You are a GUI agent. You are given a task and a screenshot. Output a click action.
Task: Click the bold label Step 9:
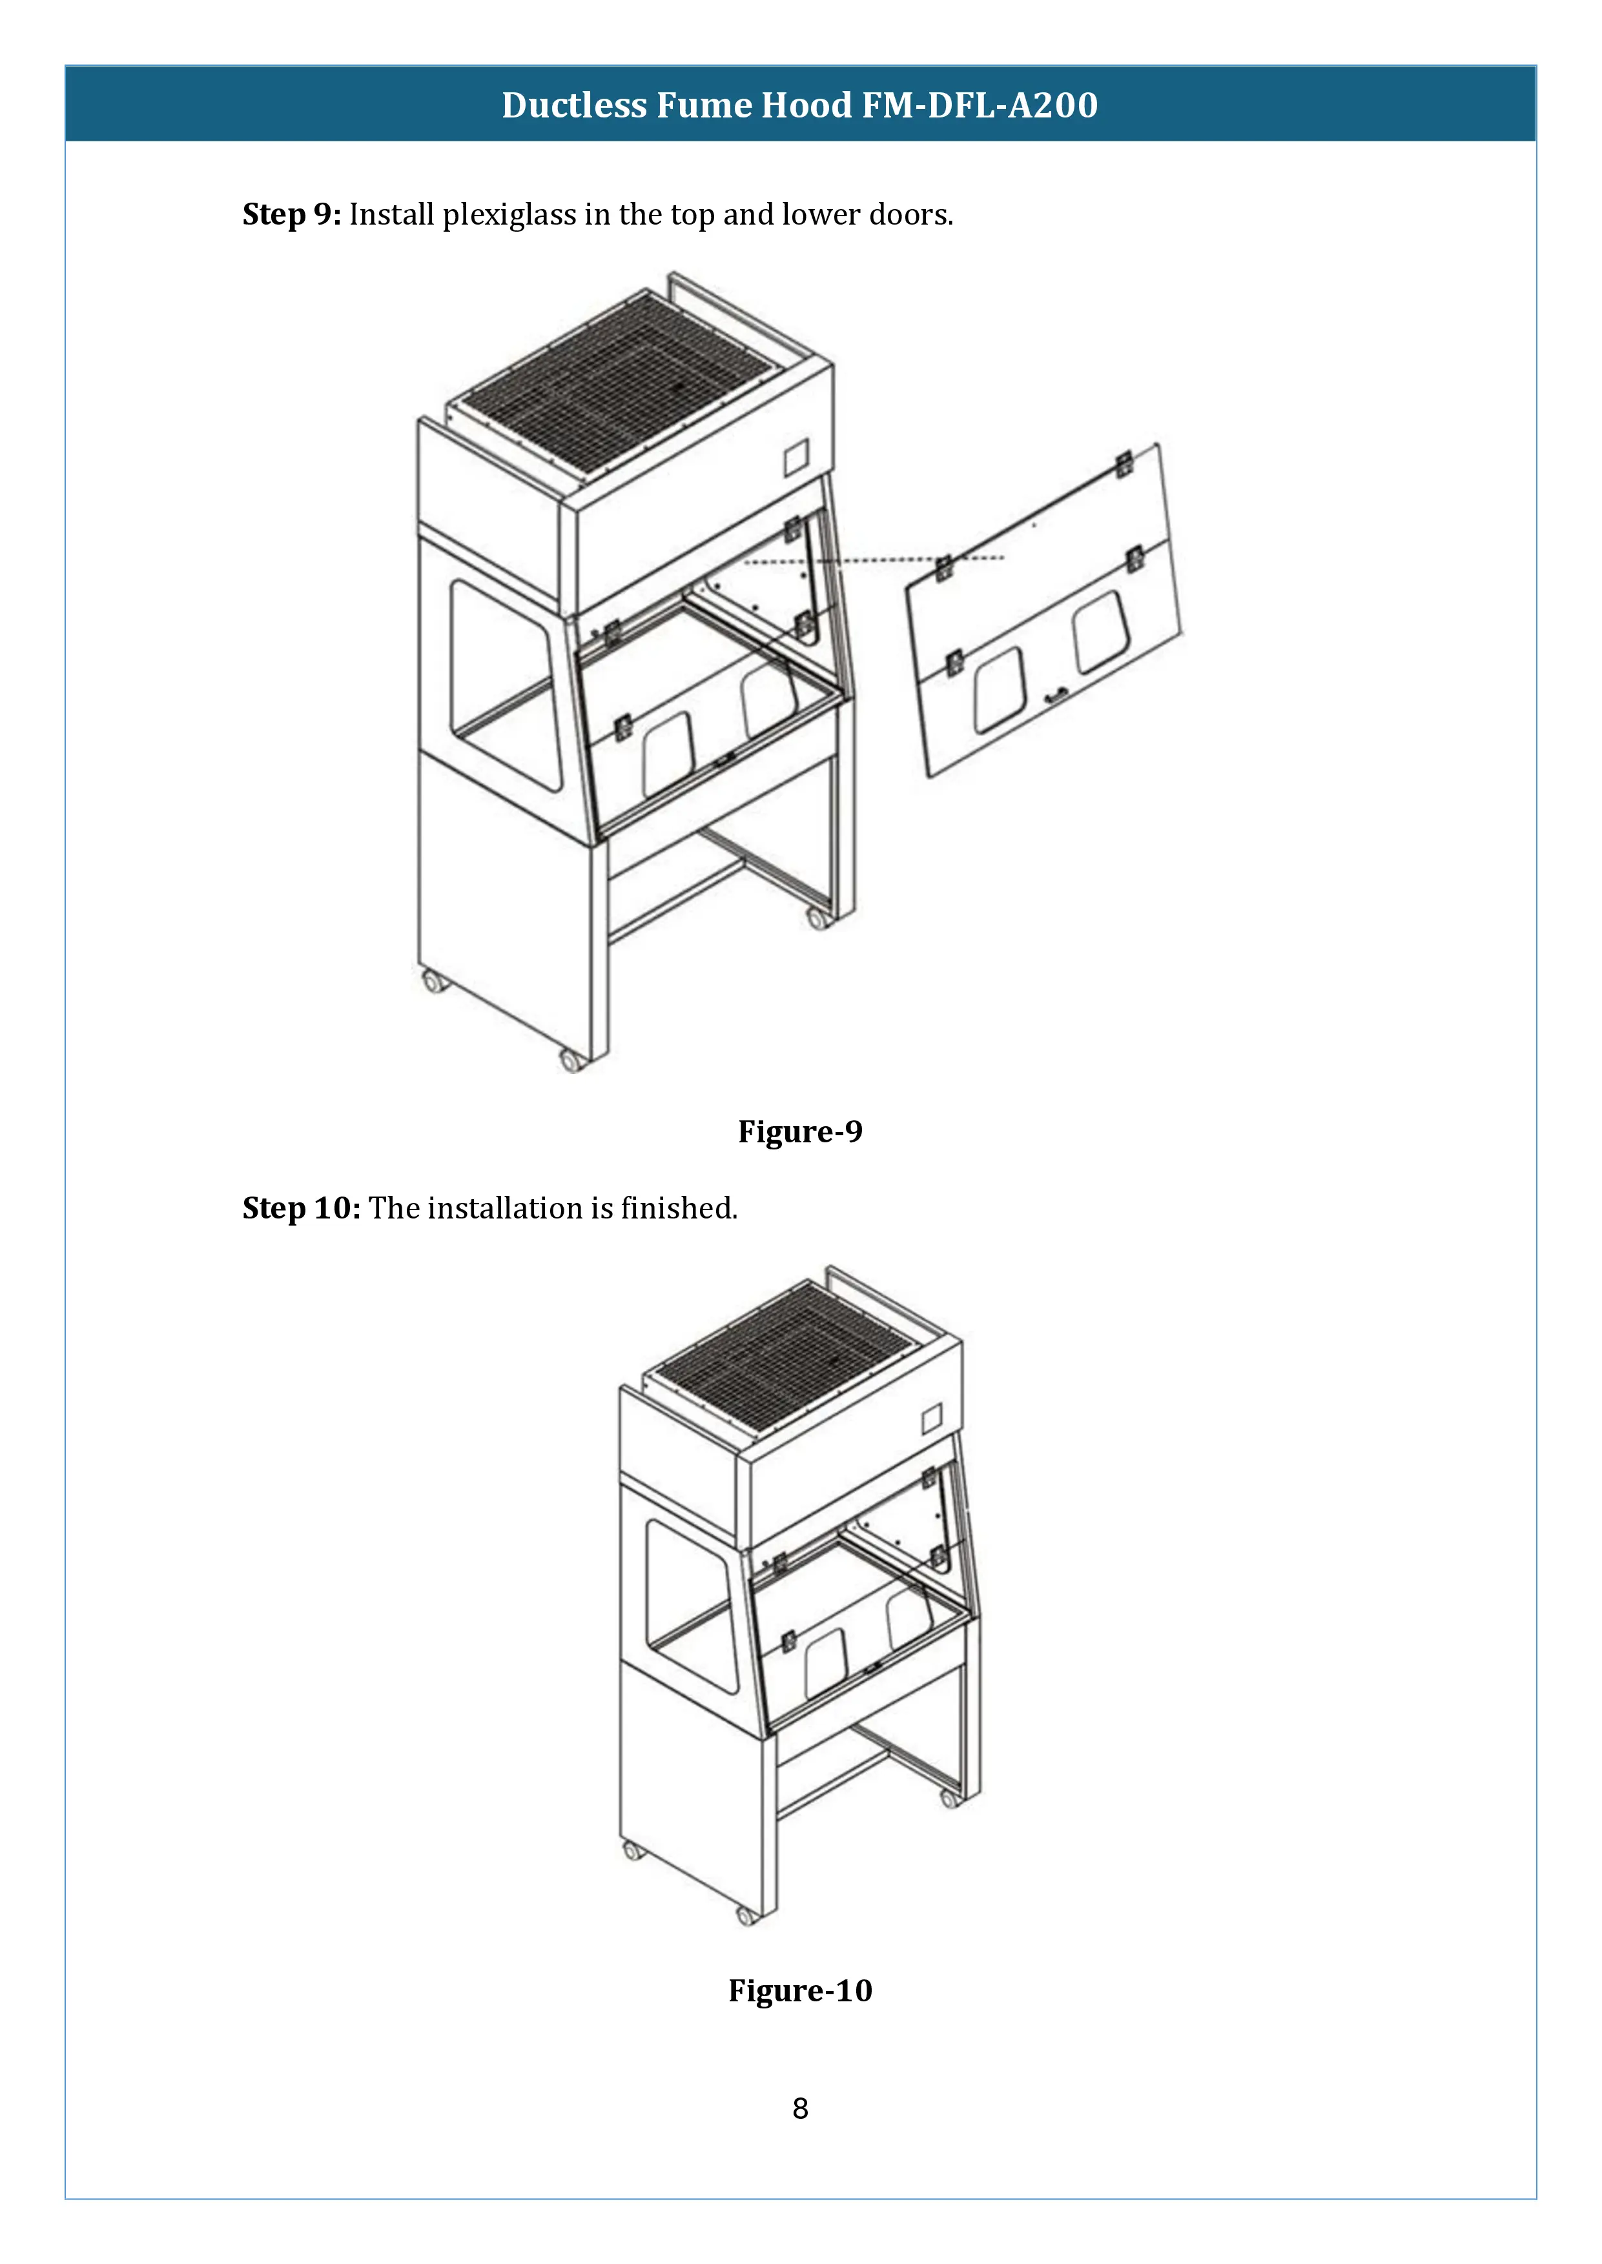pos(291,214)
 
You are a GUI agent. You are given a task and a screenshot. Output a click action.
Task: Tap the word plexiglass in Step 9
pos(509,214)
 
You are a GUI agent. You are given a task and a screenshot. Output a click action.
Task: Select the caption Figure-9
pos(800,1131)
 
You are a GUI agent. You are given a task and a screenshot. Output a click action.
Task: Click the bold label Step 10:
pos(301,1208)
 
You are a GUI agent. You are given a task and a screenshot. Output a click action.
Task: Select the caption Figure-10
pos(800,1990)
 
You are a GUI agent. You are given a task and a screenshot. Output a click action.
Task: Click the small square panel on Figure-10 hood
pos(931,1419)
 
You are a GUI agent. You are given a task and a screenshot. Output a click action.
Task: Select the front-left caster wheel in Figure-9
pos(433,981)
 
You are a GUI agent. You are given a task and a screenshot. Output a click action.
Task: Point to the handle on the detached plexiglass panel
pos(1056,696)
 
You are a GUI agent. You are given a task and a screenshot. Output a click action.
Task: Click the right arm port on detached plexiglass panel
pos(1101,632)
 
